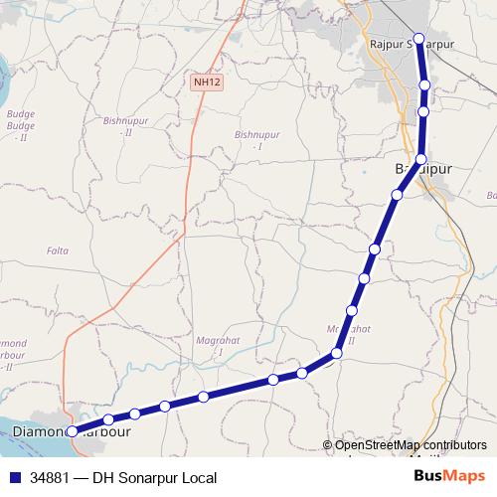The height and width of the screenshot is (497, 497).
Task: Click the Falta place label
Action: [59, 251]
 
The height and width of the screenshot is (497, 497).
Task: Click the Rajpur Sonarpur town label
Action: [411, 46]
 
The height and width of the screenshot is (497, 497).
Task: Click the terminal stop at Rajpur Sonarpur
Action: [418, 40]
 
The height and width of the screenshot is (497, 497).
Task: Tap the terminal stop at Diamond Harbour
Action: [72, 431]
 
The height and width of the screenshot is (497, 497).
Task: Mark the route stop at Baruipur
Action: [421, 159]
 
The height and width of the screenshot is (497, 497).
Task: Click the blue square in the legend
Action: [14, 477]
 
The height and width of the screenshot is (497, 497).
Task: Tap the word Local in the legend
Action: [195, 477]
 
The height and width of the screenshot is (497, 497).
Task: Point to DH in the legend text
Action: [102, 477]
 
